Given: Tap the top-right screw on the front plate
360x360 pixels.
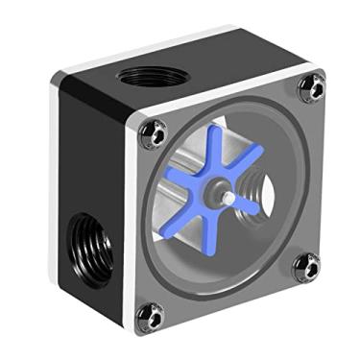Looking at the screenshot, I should click(x=310, y=88).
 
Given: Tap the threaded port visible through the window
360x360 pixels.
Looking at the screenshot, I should click(x=256, y=177).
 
